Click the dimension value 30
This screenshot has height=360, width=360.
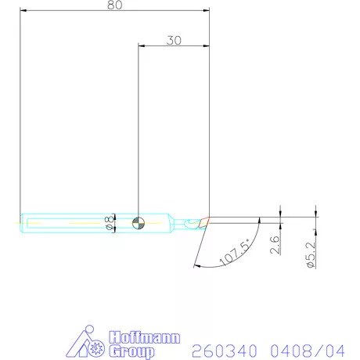(x=174, y=40)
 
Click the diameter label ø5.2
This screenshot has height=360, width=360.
(x=311, y=255)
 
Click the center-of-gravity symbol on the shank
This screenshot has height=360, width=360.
(x=138, y=222)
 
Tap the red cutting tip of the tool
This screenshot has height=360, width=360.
(x=204, y=221)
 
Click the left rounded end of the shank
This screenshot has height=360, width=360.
(x=21, y=222)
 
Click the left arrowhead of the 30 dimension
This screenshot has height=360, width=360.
(x=141, y=47)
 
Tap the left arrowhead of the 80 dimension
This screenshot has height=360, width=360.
(x=23, y=12)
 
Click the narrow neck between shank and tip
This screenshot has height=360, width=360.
(x=182, y=222)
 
